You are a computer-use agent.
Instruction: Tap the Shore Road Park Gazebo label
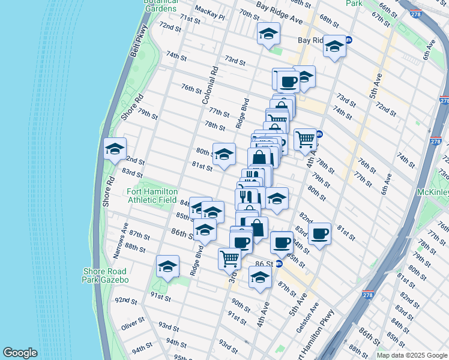106,275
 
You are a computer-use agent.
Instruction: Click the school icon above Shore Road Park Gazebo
167,266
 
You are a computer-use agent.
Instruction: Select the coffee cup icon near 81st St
320,232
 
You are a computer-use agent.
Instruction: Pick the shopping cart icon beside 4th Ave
305,139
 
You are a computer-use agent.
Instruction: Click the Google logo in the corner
20,353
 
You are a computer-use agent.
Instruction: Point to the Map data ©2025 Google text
411,355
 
